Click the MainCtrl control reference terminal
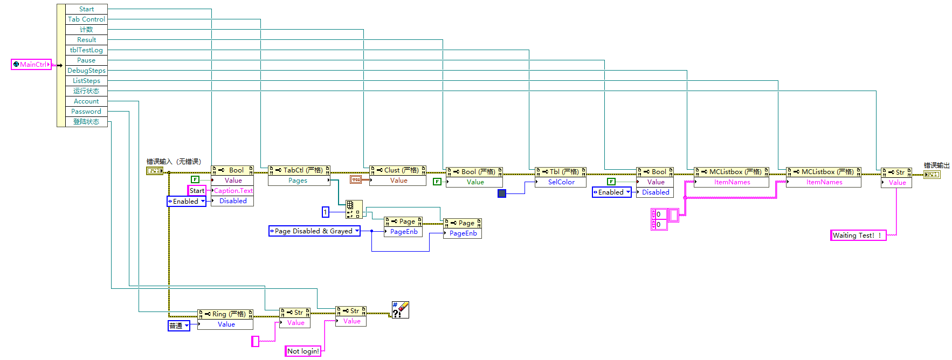click(31, 65)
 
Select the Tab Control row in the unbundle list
click(86, 19)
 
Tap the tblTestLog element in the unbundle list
click(86, 50)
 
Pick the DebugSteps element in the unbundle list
click(86, 71)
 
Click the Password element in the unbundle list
click(86, 112)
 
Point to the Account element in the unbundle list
click(86, 101)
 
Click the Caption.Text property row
click(233, 191)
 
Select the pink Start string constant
click(197, 191)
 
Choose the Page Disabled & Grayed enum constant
click(314, 231)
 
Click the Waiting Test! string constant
click(858, 236)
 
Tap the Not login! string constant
click(303, 351)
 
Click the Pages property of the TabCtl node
click(298, 181)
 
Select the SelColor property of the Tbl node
click(561, 182)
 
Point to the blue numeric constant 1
click(326, 212)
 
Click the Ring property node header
click(225, 314)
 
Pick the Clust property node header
click(398, 170)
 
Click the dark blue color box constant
click(502, 193)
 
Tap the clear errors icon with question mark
click(401, 310)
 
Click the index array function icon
click(354, 209)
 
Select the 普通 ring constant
click(178, 326)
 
